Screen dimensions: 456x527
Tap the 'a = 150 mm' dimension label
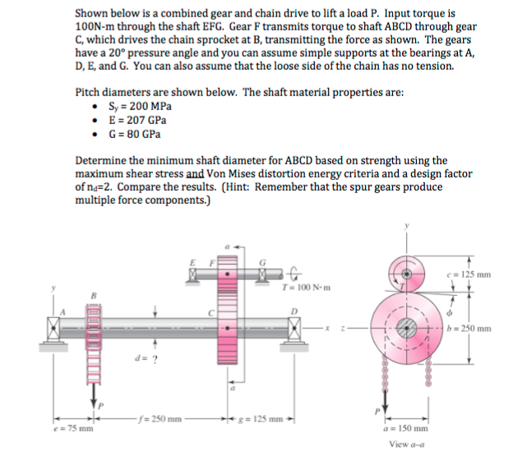coord(405,428)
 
